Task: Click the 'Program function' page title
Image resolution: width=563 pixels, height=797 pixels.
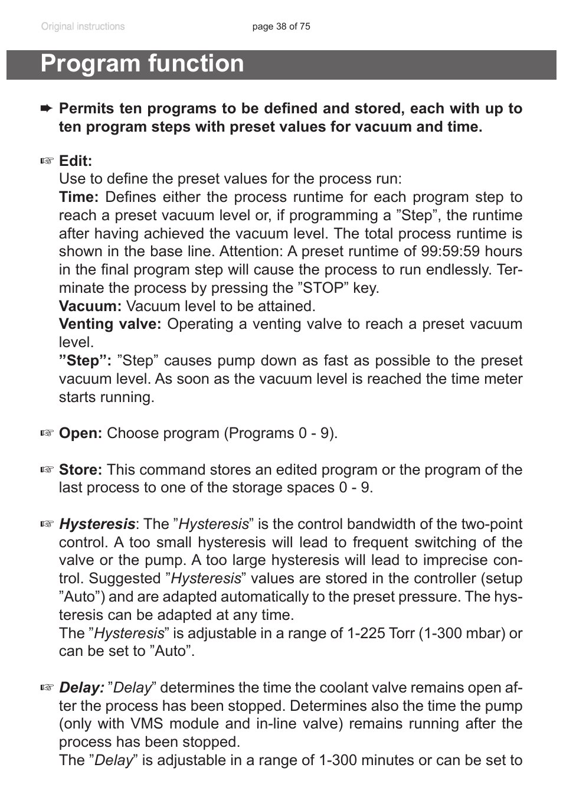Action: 142,64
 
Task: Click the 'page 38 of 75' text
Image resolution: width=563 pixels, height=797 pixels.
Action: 281,27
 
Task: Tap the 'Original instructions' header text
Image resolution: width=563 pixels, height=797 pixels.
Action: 83,27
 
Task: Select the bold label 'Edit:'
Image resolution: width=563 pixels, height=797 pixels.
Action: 76,161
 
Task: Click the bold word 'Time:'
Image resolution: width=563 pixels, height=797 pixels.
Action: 78,197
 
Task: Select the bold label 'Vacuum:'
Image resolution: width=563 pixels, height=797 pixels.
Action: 90,306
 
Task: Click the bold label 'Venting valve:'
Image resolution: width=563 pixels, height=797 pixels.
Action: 110,324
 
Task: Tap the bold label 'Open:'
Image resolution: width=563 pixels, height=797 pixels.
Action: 80,433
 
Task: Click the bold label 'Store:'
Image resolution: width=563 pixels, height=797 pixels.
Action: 80,470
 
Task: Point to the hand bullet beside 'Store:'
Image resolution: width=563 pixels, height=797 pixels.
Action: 47,470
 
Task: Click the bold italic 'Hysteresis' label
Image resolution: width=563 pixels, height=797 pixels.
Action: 97,524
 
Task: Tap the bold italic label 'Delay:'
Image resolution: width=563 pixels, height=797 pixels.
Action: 81,688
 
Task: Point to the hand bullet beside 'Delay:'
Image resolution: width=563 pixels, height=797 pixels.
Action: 47,688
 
